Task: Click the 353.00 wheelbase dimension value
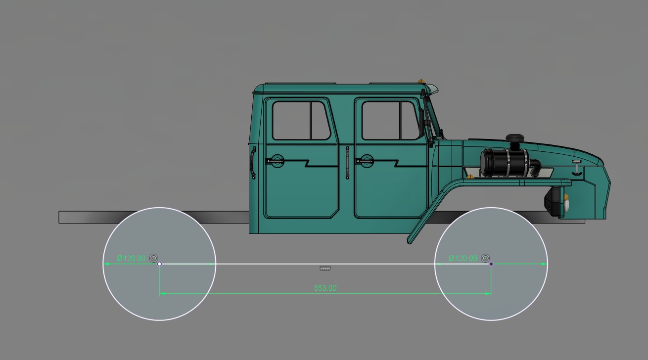click(325, 288)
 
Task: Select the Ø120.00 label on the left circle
click(131, 258)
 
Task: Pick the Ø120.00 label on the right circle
click(463, 258)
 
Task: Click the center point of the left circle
click(159, 264)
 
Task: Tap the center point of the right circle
click(491, 264)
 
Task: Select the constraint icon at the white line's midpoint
click(325, 269)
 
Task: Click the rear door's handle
click(275, 160)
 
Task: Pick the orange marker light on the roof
click(421, 81)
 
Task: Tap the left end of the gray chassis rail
click(61, 217)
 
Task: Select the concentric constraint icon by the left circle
click(153, 258)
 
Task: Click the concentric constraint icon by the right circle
click(485, 258)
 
